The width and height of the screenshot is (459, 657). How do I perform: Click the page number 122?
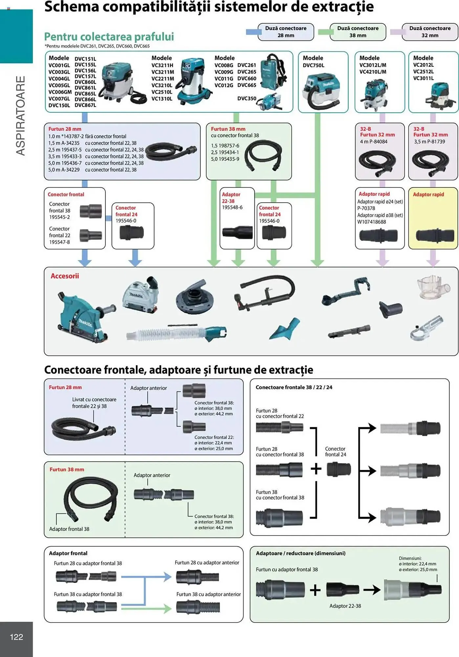(16, 637)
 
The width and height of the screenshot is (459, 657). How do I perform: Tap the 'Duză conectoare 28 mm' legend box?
(286, 32)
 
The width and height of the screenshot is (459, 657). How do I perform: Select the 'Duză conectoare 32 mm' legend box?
(429, 32)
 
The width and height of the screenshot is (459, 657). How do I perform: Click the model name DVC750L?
(313, 65)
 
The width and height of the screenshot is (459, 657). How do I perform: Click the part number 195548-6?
(232, 207)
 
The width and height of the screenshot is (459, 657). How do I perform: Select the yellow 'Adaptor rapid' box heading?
(428, 194)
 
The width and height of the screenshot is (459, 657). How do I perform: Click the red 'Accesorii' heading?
(65, 276)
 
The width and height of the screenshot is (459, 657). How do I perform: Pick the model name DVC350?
(247, 98)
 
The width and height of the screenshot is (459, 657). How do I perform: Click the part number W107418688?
(372, 222)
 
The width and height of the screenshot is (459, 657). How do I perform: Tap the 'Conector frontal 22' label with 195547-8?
(59, 235)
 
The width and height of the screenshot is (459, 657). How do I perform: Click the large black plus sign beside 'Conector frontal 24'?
(316, 469)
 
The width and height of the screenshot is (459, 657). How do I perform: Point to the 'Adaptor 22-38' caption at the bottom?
(345, 606)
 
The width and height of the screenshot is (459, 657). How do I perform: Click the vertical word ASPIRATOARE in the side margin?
(21, 116)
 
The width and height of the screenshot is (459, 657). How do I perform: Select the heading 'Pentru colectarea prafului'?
(109, 36)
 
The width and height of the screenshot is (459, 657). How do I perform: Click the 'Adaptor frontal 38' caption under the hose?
(69, 529)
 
